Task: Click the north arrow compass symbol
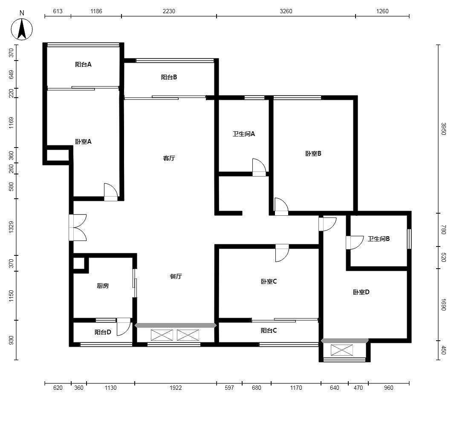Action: (22, 29)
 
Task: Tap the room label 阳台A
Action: (83, 64)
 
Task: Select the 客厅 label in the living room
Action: (169, 158)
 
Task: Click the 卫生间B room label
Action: (379, 239)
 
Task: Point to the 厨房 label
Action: (103, 286)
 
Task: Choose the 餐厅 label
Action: (176, 276)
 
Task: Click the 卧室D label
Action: (361, 292)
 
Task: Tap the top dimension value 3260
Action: (286, 11)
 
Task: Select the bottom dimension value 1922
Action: (176, 388)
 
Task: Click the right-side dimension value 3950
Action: (443, 129)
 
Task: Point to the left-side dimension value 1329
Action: (11, 227)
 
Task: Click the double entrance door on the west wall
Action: (78, 227)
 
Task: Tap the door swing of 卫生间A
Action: (259, 168)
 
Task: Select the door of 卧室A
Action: (111, 192)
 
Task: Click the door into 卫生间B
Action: (355, 243)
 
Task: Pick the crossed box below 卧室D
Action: (341, 350)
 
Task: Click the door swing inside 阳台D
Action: (124, 327)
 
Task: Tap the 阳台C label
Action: (269, 330)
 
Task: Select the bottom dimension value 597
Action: (229, 388)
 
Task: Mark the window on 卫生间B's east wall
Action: (409, 239)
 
